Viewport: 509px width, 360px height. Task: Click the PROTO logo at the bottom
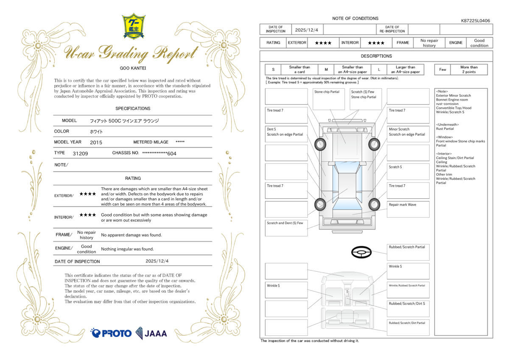[111, 333]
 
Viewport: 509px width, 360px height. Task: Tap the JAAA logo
[151, 333]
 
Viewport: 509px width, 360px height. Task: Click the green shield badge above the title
[134, 26]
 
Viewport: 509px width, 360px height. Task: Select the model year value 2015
[96, 142]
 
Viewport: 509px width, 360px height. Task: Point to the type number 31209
[80, 153]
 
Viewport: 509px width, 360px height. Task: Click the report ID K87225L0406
[475, 20]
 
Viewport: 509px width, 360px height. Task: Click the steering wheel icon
[361, 253]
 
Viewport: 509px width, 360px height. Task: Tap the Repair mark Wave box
[408, 209]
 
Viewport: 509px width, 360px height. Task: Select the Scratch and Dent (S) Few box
[286, 228]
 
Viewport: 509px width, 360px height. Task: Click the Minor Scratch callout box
[408, 134]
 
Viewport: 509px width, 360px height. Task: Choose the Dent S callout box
[286, 134]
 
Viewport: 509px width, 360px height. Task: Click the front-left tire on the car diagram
[320, 145]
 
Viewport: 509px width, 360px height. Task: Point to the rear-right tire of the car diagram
[374, 204]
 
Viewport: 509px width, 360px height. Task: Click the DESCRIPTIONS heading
[376, 56]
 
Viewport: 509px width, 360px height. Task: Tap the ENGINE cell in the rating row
[456, 42]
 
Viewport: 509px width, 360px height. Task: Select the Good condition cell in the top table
[479, 42]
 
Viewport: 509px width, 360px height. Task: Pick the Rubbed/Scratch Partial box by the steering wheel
[408, 252]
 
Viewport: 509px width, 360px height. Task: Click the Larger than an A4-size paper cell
[405, 70]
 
